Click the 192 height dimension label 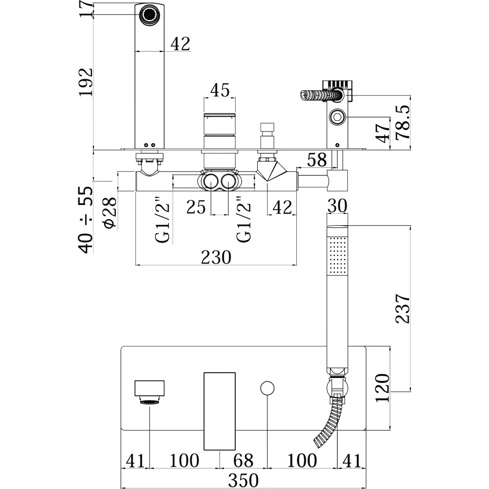(86, 82)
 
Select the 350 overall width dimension (243, 480)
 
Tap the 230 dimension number (216, 257)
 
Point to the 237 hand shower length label (402, 308)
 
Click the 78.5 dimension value (402, 122)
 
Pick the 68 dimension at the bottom (243, 461)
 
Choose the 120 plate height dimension (382, 388)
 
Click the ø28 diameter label (110, 213)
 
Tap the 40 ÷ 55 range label (86, 220)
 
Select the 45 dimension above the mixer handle (220, 90)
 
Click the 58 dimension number (317, 160)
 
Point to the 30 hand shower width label (337, 206)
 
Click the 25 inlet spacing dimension (196, 207)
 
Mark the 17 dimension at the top (86, 9)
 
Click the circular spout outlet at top (149, 15)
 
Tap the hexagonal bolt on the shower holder (337, 117)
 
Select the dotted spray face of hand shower (337, 256)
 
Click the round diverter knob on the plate (267, 388)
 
